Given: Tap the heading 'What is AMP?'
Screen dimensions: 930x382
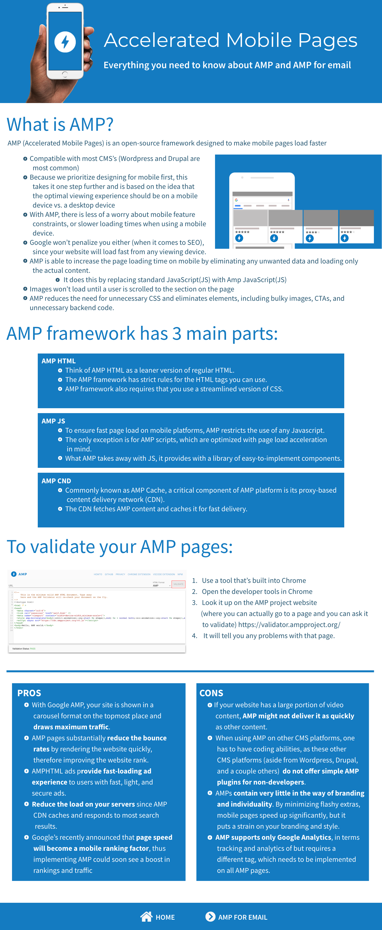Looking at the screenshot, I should click(60, 125).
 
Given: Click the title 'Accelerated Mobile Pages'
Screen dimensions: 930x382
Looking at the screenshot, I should click(230, 40).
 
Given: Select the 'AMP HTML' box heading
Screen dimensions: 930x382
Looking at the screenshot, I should click(58, 361).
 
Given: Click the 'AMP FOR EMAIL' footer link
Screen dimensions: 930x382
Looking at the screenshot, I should click(242, 917).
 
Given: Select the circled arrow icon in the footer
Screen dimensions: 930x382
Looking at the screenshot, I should click(210, 916).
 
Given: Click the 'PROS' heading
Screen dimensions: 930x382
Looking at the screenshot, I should click(29, 693).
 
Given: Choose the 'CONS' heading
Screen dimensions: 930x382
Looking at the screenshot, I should click(211, 693).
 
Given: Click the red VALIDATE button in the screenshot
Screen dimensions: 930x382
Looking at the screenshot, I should click(178, 584).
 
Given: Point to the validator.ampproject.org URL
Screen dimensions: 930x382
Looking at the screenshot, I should click(289, 624).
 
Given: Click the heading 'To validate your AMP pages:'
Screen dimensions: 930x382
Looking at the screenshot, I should click(120, 546).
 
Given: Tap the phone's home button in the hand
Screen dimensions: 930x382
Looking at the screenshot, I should click(65, 74).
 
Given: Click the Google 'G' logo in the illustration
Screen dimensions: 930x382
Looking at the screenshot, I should click(236, 200).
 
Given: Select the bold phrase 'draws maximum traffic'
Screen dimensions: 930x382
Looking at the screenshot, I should click(71, 727).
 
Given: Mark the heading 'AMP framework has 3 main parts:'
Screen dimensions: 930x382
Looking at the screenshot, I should click(142, 333).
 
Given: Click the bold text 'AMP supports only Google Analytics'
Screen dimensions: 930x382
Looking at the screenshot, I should click(273, 837).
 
